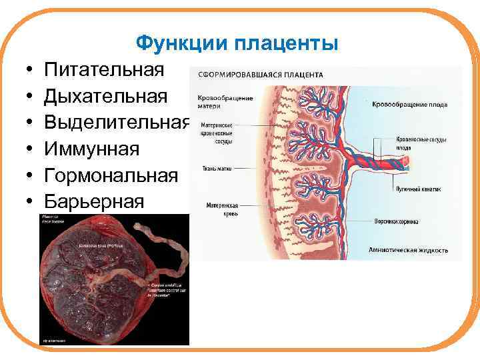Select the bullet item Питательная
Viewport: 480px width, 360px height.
coord(104,70)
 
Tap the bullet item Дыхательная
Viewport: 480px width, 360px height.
coord(106,96)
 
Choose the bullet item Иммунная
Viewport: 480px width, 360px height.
coord(92,148)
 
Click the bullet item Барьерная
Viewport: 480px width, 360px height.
coord(94,201)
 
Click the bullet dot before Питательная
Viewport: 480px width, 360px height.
coord(31,71)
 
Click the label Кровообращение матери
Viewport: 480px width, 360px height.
coord(225,102)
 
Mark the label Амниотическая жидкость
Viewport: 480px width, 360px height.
coord(408,251)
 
